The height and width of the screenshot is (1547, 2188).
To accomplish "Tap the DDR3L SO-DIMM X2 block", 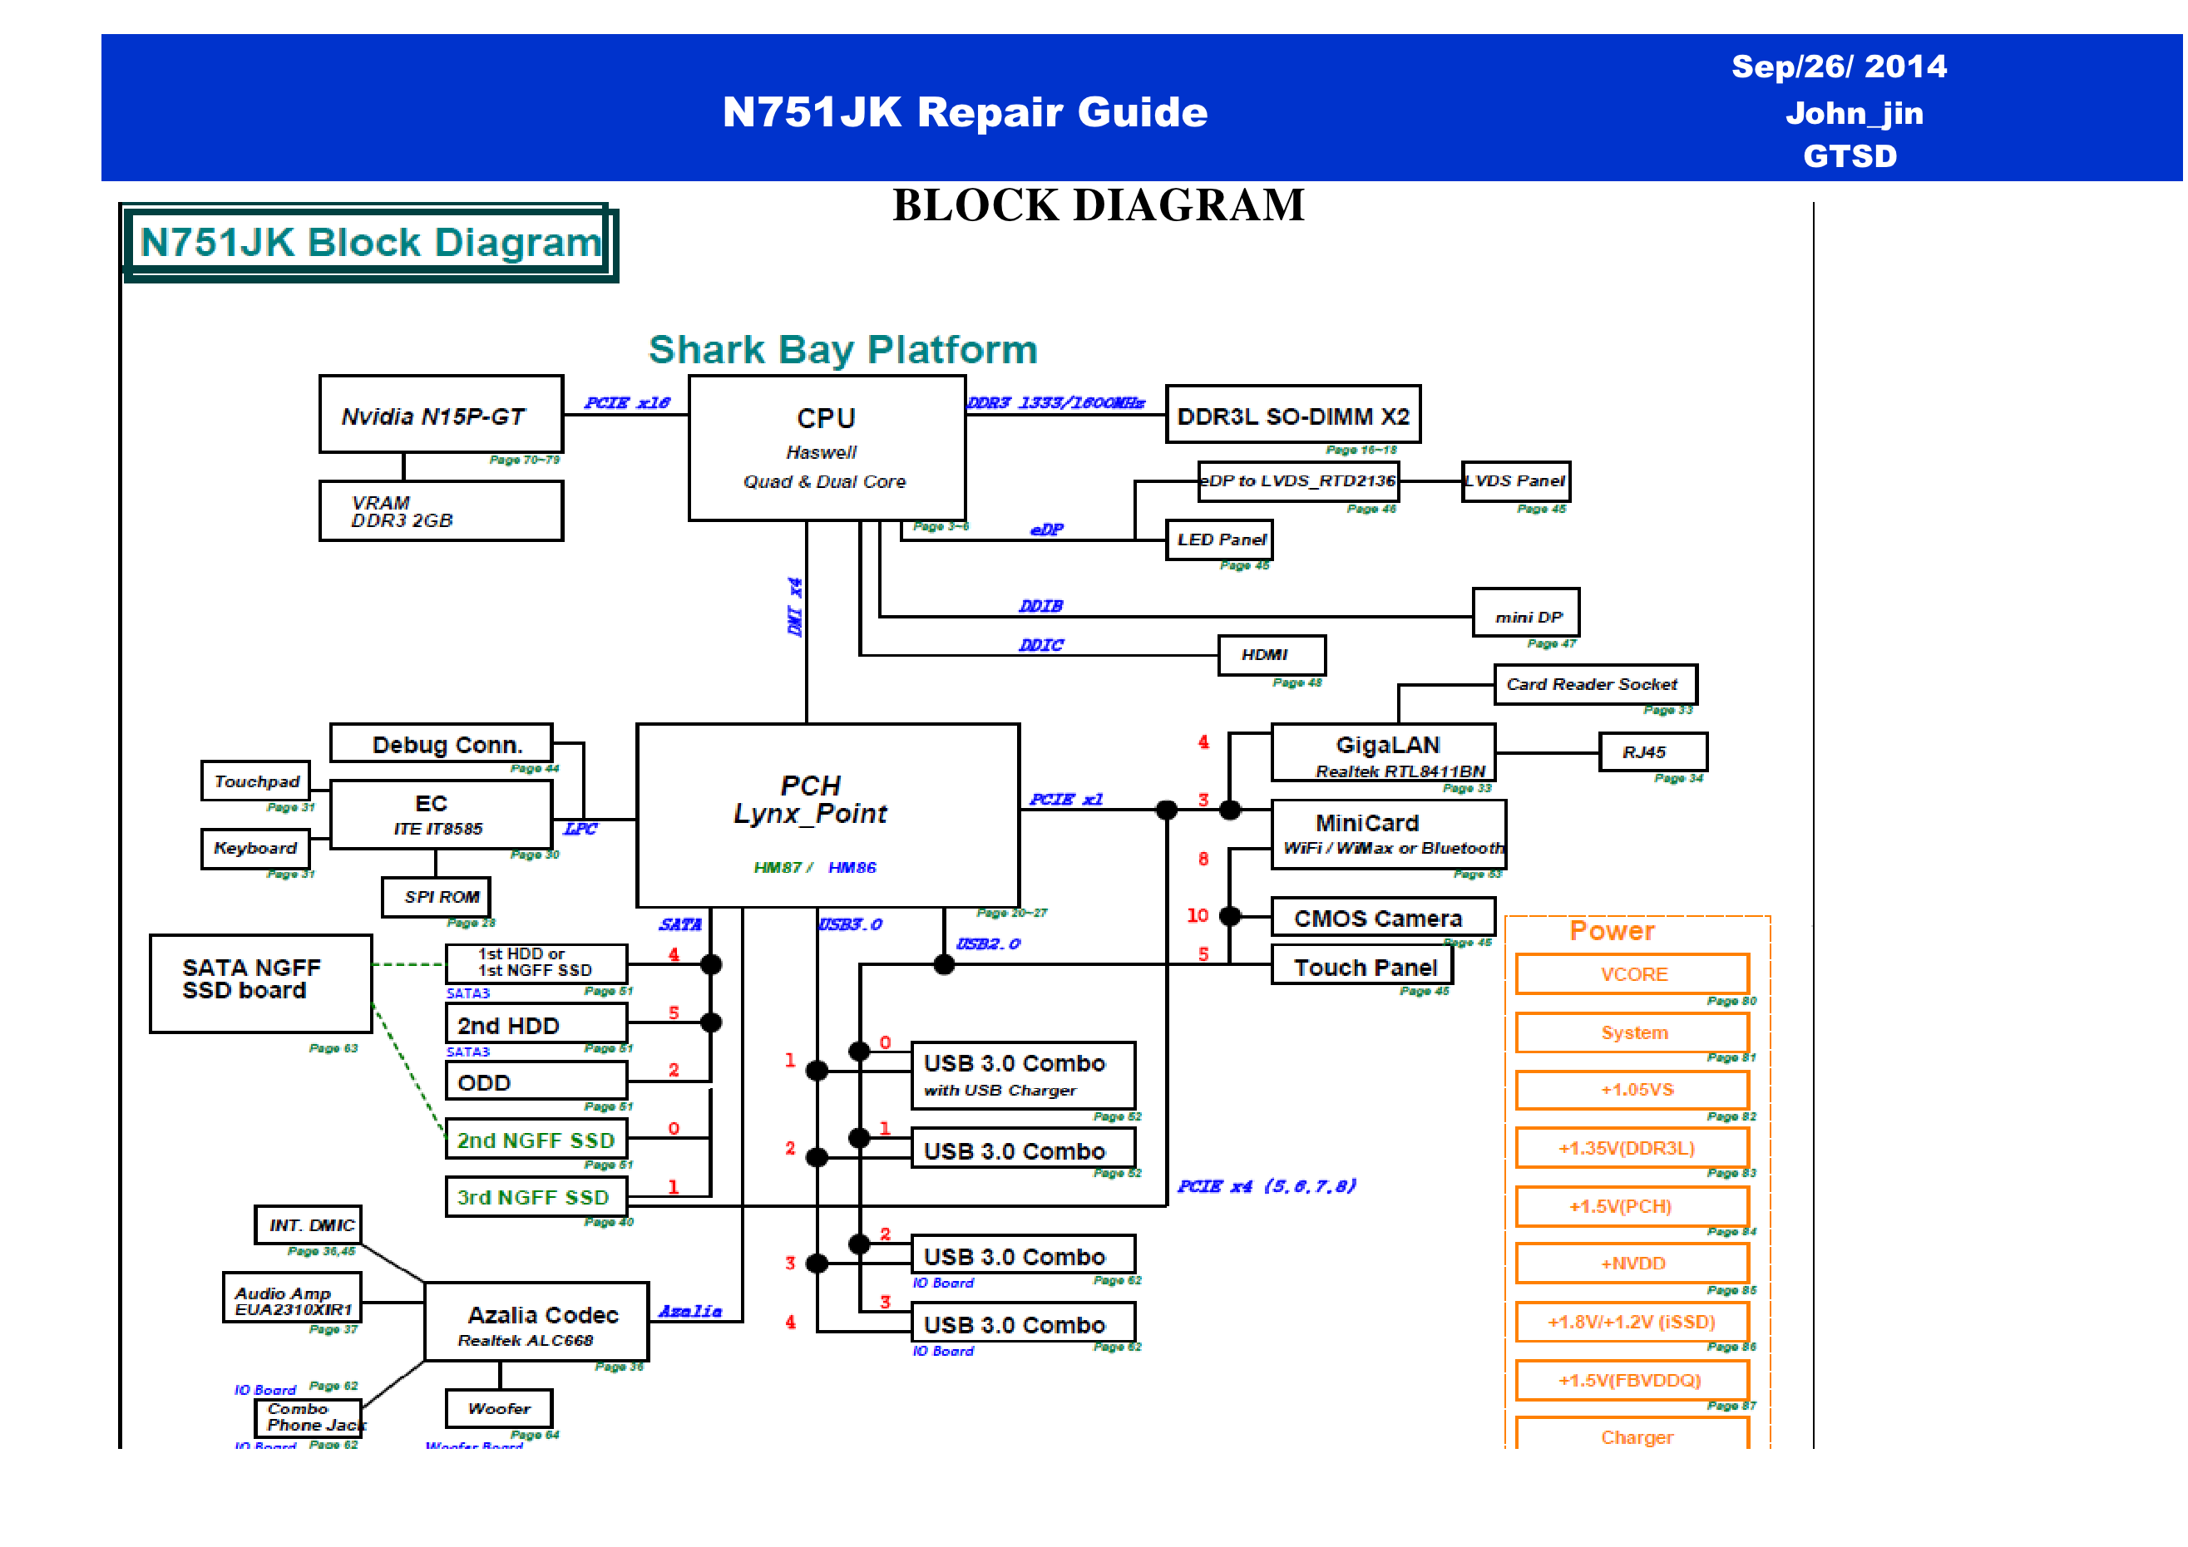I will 1292,416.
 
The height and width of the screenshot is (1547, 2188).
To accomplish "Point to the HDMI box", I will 1272,655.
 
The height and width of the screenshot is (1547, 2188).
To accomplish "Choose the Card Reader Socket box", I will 1594,684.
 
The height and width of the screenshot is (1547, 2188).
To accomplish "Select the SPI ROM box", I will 437,896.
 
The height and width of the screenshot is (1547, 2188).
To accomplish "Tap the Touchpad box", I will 255,781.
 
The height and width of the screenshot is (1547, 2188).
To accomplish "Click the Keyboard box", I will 255,848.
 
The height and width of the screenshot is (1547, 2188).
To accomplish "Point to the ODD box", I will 536,1081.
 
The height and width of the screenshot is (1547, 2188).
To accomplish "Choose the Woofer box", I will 498,1408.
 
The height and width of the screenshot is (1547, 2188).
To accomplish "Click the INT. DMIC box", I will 308,1224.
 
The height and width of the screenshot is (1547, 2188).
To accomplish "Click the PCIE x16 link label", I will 626,403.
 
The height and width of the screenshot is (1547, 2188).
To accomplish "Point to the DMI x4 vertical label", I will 795,607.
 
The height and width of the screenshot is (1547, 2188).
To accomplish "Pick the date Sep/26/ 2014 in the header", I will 1837,67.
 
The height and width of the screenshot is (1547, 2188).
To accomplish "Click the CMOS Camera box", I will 1382,918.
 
